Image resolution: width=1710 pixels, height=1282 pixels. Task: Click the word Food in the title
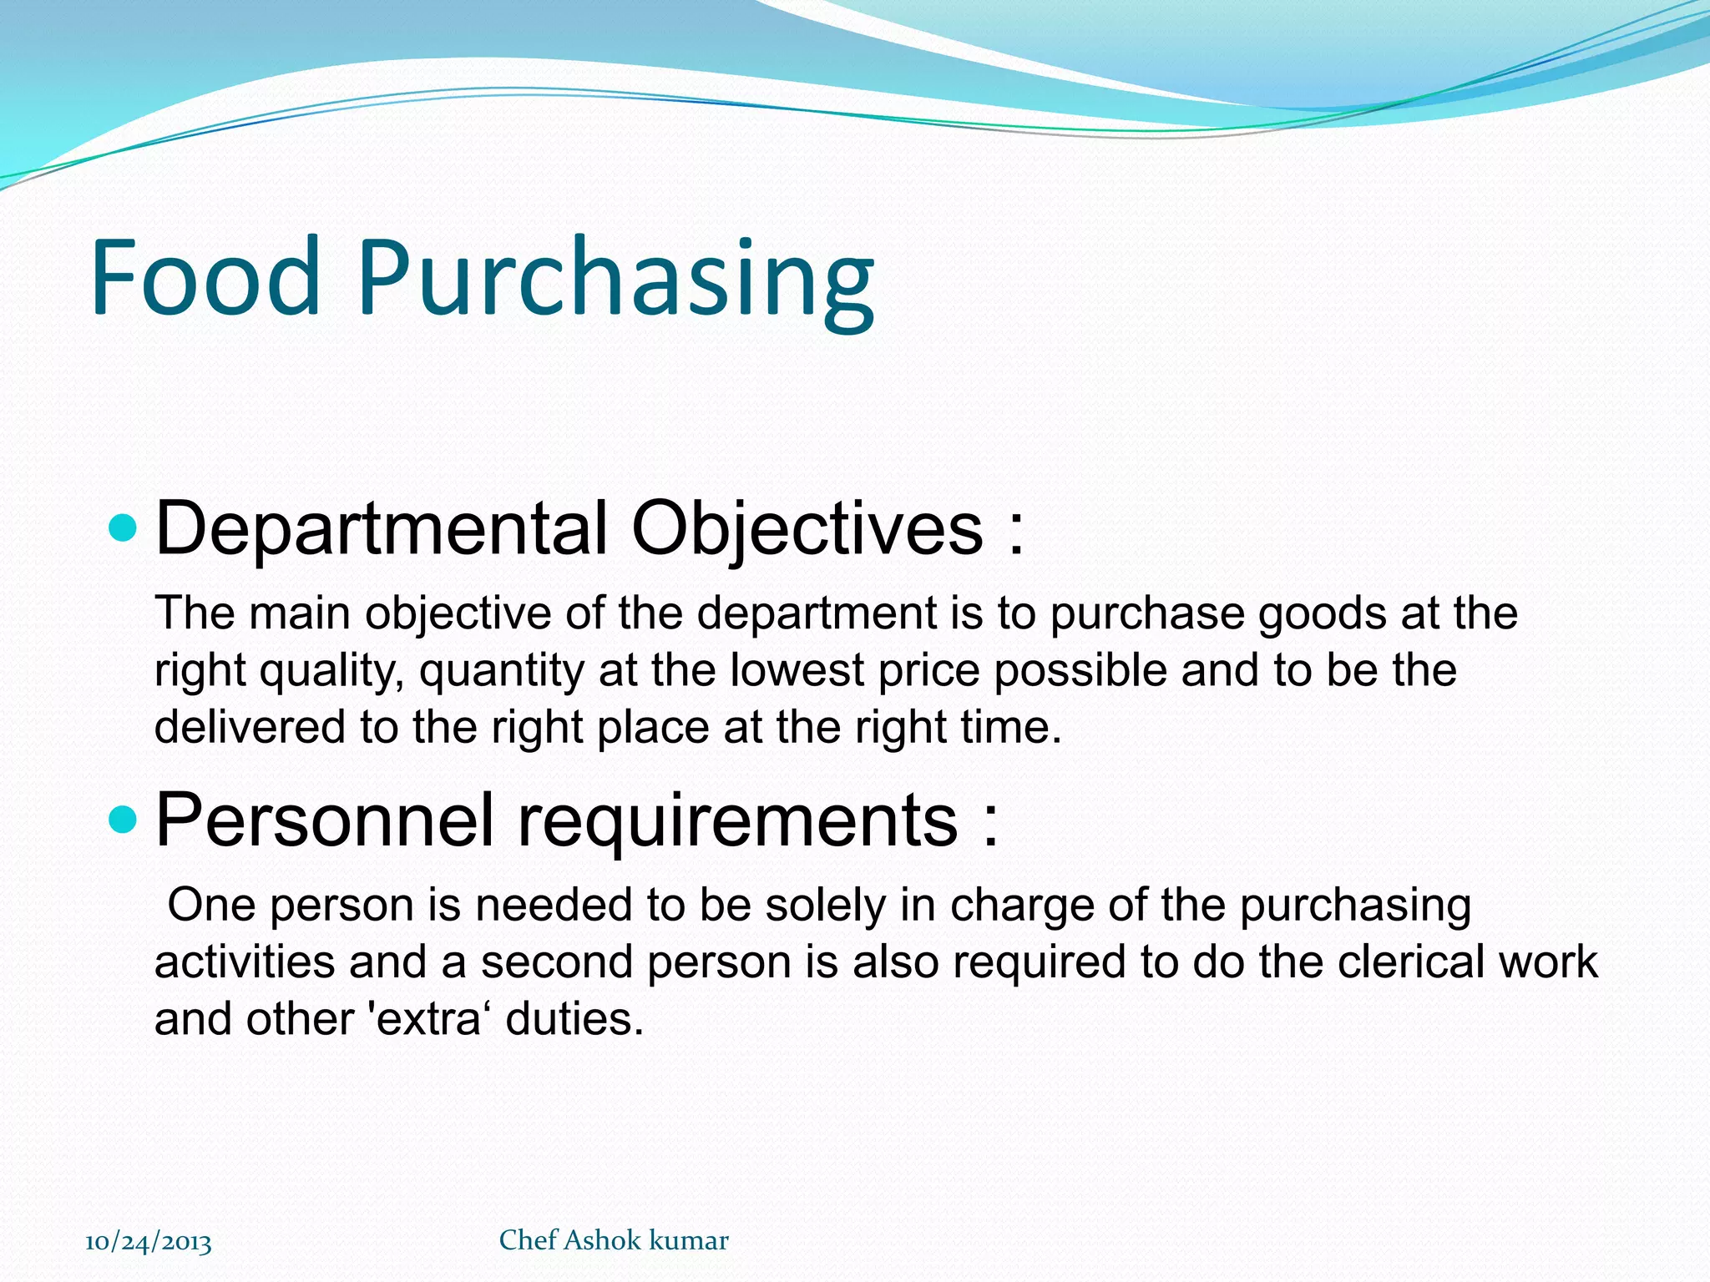click(x=205, y=277)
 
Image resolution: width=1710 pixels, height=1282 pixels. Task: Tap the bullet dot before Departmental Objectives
click(x=123, y=527)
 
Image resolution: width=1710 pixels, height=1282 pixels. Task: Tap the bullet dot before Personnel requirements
click(x=123, y=820)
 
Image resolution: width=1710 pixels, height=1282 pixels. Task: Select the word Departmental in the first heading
click(x=381, y=528)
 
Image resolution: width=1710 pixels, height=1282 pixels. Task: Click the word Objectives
click(x=807, y=528)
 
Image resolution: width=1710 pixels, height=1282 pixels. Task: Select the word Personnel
click(x=324, y=820)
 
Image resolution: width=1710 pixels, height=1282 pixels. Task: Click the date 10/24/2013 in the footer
click(x=149, y=1242)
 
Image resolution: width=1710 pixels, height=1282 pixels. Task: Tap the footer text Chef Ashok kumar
click(x=614, y=1240)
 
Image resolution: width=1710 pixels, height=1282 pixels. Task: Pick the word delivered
click(x=250, y=727)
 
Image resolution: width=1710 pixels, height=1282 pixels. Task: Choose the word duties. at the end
click(x=575, y=1019)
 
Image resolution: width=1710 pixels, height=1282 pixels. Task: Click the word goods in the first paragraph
click(x=1322, y=614)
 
